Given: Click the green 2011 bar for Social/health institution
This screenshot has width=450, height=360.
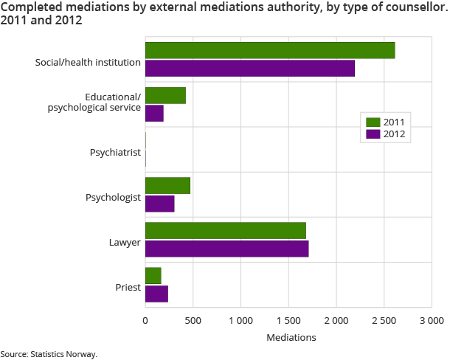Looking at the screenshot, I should pyautogui.click(x=270, y=51).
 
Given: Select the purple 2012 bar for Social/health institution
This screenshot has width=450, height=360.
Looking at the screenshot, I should pyautogui.click(x=250, y=69).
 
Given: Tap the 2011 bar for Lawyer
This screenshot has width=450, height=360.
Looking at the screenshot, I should pyautogui.click(x=226, y=231).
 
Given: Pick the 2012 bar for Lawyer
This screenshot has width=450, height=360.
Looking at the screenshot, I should pyautogui.click(x=226, y=249).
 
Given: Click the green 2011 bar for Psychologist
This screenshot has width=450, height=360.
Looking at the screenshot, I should pyautogui.click(x=167, y=186).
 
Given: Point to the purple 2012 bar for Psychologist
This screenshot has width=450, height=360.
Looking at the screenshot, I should pyautogui.click(x=159, y=204).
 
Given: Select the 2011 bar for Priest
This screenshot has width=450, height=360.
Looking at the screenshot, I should pyautogui.click(x=153, y=276).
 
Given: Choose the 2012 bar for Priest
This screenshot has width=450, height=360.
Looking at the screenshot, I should pyautogui.click(x=156, y=294).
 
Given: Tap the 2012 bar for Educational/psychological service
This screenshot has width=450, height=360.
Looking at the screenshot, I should pyautogui.click(x=154, y=114).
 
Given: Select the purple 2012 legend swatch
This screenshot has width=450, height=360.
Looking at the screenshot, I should pyautogui.click(x=373, y=134).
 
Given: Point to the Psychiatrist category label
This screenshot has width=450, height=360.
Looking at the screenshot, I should pyautogui.click(x=115, y=153).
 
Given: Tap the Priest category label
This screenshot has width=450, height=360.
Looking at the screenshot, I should pyautogui.click(x=128, y=287).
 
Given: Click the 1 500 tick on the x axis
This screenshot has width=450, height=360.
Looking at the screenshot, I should pyautogui.click(x=288, y=321).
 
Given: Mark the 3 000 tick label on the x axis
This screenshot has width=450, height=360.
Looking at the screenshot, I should pyautogui.click(x=432, y=321).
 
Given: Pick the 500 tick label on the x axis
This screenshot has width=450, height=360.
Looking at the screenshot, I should pyautogui.click(x=193, y=321).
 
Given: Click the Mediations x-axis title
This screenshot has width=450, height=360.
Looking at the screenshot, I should pyautogui.click(x=291, y=337).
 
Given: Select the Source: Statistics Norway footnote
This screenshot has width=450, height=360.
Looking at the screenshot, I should pyautogui.click(x=49, y=354).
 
